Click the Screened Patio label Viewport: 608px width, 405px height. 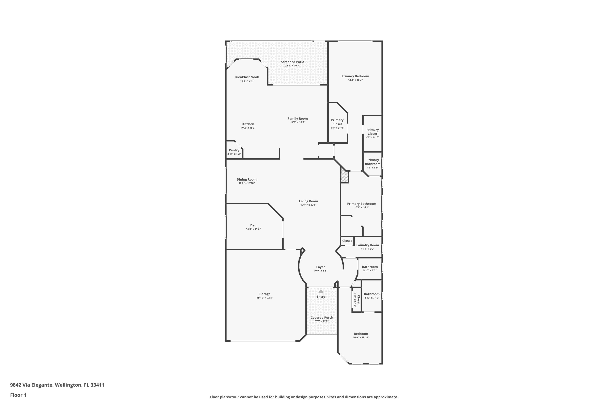tap(292, 62)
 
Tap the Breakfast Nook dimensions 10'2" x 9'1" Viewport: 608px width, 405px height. tap(247, 81)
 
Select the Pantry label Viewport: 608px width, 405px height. tap(234, 150)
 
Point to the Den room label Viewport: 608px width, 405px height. tap(253, 226)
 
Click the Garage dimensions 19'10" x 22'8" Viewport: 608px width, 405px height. tap(265, 298)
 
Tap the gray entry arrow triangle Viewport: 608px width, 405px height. tap(321, 291)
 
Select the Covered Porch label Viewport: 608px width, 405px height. tap(322, 318)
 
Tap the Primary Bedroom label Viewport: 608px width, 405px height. tap(355, 76)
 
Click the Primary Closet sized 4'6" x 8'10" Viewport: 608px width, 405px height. tap(372, 132)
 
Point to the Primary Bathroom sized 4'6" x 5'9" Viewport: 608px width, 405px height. tap(373, 162)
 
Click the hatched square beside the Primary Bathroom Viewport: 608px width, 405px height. tap(345, 177)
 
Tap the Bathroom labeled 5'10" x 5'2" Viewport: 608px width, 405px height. tap(370, 267)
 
